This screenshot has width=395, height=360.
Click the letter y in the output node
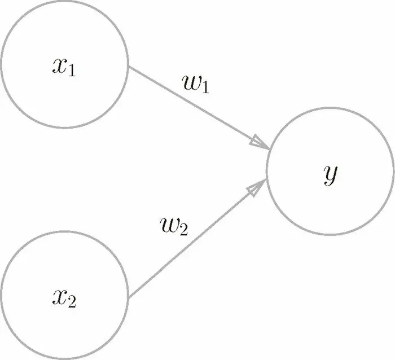click(x=331, y=175)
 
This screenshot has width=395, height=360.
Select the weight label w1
click(x=196, y=84)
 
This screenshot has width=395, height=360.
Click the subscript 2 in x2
click(x=72, y=301)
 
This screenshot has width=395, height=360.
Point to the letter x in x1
click(x=60, y=67)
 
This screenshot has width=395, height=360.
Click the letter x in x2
click(x=60, y=296)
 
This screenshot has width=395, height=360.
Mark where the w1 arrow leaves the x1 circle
click(x=129, y=68)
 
